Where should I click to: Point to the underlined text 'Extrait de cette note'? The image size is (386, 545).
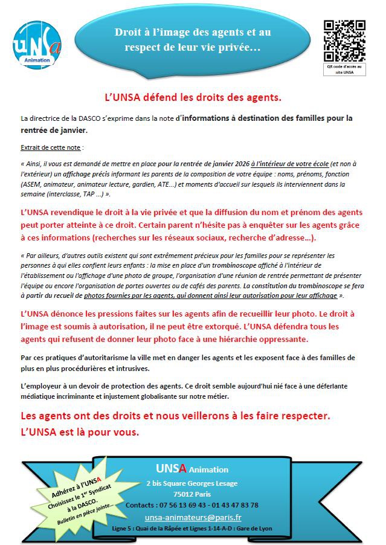(51, 147)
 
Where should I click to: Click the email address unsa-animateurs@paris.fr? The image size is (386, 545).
(193, 518)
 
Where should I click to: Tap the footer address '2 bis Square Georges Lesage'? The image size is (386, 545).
(192, 483)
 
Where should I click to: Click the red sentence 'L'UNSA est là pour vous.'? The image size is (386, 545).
(80, 433)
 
